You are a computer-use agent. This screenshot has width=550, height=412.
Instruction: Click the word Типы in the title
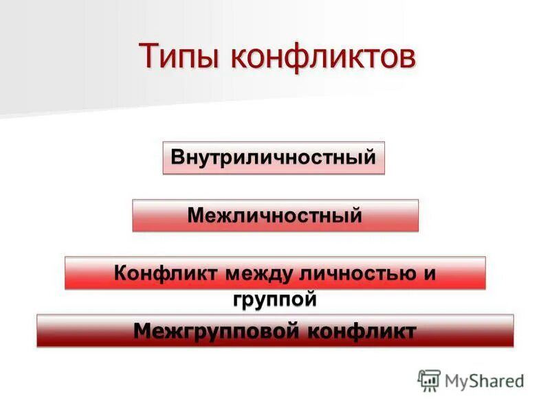[180, 56]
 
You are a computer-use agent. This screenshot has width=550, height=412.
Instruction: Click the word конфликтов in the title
[323, 56]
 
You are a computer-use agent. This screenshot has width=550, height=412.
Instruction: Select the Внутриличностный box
[274, 157]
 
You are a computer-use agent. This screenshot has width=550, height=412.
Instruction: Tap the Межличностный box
[275, 216]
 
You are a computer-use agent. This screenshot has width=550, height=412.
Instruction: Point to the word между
[252, 273]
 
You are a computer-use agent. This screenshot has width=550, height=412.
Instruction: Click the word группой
[274, 299]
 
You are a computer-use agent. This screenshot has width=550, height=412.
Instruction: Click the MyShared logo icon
[429, 380]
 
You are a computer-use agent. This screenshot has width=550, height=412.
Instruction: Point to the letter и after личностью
[430, 273]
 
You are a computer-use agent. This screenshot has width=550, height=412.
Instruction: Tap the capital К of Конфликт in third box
[120, 273]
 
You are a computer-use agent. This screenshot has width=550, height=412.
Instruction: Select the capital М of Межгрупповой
[142, 331]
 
